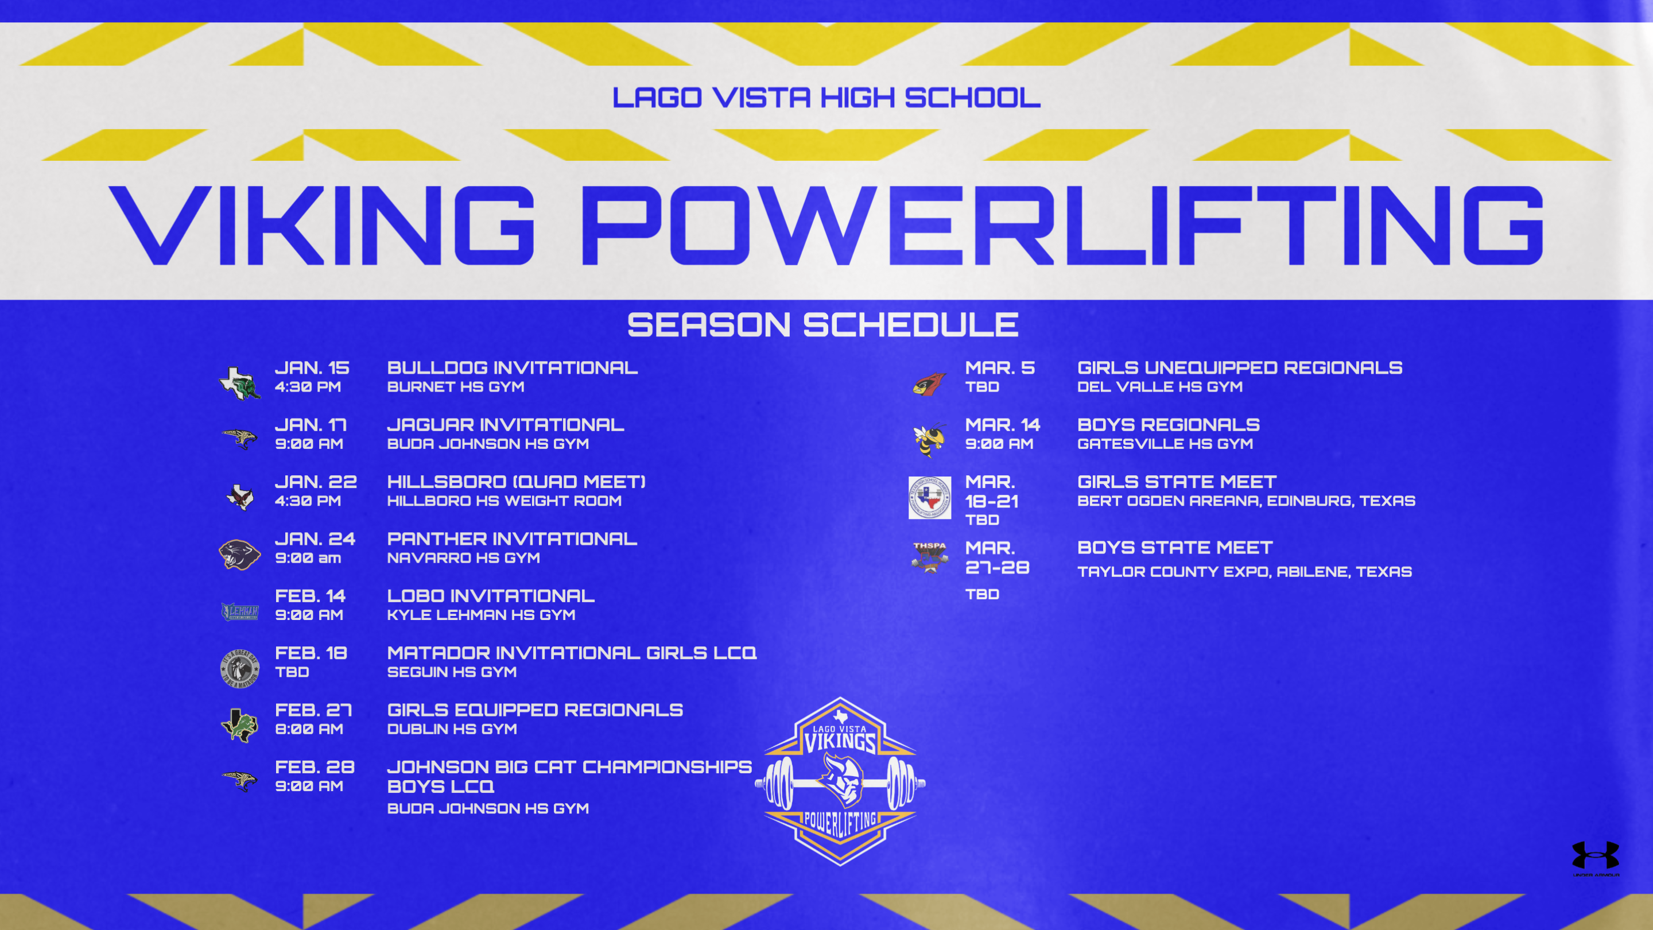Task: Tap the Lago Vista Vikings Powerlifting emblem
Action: pos(840,781)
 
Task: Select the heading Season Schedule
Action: pos(822,325)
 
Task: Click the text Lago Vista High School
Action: pos(826,98)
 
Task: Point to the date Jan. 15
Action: pos(312,368)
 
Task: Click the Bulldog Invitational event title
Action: pos(512,368)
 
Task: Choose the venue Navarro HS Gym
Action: pos(463,558)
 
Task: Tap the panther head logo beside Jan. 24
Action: pos(239,554)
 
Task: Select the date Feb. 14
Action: pos(310,596)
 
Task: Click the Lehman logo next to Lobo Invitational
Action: pos(239,611)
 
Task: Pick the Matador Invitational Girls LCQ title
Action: pos(572,653)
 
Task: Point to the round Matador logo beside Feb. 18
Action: pos(239,668)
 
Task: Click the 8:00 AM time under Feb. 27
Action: pos(309,729)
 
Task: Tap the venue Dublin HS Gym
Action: pos(452,729)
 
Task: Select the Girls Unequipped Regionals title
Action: pos(1240,368)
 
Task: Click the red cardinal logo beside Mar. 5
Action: pos(929,384)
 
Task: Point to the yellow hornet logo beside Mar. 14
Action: pos(930,440)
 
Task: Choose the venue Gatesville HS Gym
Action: pos(1165,444)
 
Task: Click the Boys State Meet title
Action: pos(1174,548)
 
